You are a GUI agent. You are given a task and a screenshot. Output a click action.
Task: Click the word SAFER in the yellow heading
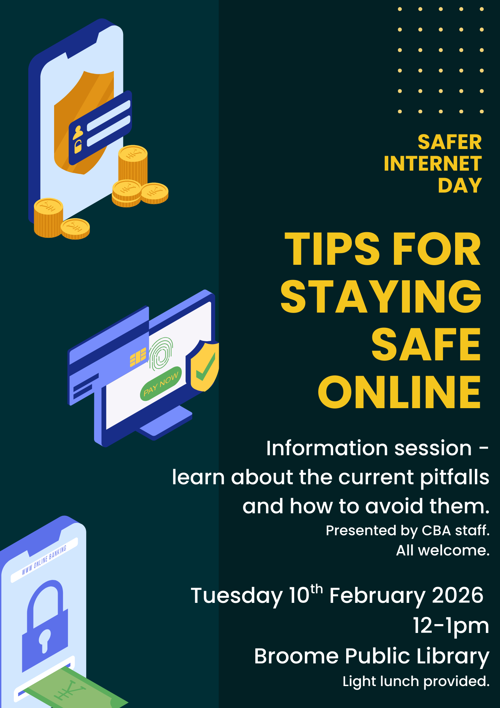449,142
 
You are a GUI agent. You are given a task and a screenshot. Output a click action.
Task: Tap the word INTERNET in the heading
432,164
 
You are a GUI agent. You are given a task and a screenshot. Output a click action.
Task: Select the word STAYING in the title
380,297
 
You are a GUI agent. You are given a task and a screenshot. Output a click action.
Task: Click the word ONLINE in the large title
400,392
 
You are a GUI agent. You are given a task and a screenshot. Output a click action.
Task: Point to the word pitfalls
454,478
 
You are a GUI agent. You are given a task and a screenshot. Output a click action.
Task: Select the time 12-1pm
451,626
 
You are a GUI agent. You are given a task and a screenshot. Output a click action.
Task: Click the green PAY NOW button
161,384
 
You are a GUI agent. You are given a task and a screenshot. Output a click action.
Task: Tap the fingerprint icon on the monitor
161,353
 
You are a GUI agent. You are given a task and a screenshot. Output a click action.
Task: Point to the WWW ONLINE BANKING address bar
44,560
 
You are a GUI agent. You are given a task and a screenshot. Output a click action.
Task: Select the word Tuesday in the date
236,595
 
